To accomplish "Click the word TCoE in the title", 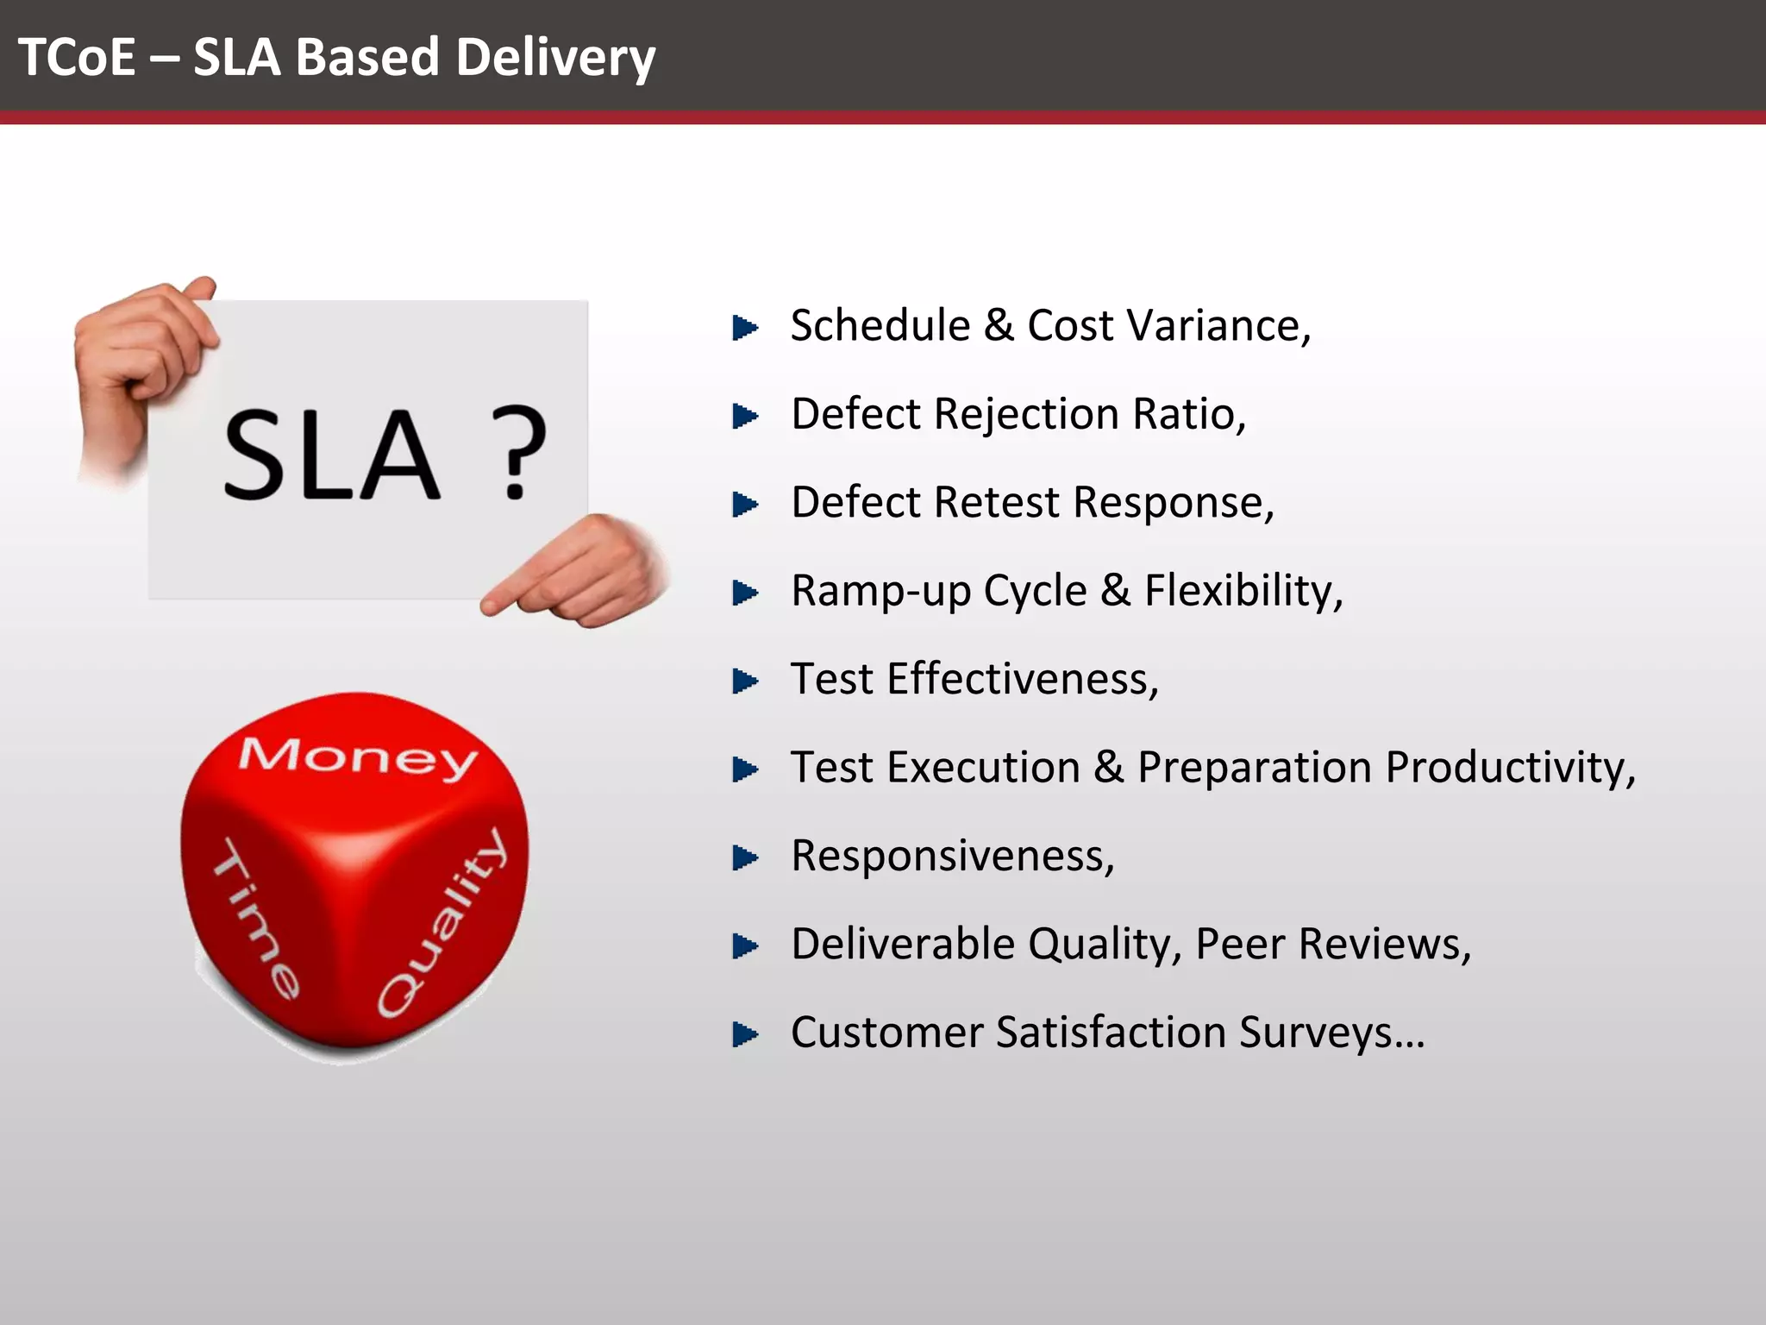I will pyautogui.click(x=77, y=57).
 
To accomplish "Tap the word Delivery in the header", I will pyautogui.click(x=555, y=59).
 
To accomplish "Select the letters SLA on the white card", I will pyautogui.click(x=331, y=455).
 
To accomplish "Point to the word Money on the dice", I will pyautogui.click(x=358, y=757).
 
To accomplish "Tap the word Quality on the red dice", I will pyautogui.click(x=441, y=923).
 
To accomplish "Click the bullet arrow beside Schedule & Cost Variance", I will pyautogui.click(x=744, y=328).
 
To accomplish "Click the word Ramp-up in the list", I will pyautogui.click(x=880, y=592).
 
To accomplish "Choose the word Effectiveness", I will pyautogui.click(x=1022, y=680).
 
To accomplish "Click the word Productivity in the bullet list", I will pyautogui.click(x=1513, y=768).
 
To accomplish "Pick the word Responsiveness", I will pyautogui.click(x=952, y=857).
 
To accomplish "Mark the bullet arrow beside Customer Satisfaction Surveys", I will pyautogui.click(x=744, y=1034).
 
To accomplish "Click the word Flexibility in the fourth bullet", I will pyautogui.click(x=1242, y=592).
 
